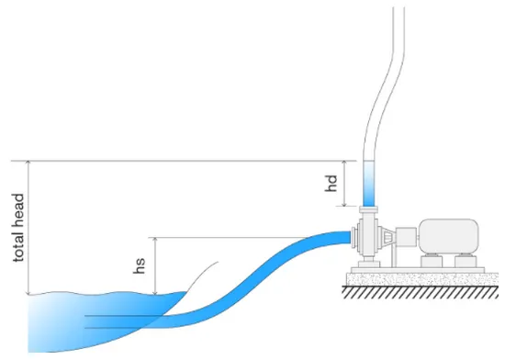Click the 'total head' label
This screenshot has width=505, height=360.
point(18,228)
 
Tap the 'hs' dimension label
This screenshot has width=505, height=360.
point(140,265)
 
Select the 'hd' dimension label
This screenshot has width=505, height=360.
point(331,184)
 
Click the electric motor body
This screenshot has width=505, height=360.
point(449,236)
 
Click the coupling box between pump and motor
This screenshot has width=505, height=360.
point(407,237)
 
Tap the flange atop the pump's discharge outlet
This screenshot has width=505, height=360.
point(369,209)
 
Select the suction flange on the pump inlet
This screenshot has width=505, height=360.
point(353,238)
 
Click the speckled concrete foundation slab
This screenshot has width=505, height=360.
point(422,279)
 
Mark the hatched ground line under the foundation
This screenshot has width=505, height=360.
point(421,292)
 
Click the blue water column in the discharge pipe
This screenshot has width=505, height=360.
point(369,184)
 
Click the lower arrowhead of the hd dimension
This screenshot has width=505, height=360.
point(344,203)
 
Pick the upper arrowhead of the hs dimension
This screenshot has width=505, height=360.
point(155,241)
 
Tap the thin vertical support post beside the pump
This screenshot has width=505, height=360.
point(394,254)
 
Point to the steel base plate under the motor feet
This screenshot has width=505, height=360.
point(418,270)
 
